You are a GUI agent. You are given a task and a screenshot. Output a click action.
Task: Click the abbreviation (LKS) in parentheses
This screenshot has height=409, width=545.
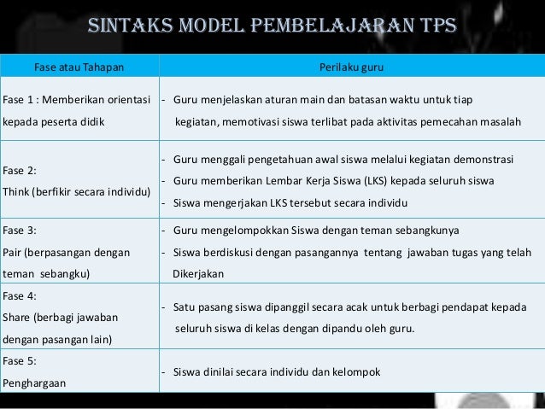pos(373,181)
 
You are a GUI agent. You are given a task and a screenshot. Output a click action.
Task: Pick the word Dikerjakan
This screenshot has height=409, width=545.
pos(198,275)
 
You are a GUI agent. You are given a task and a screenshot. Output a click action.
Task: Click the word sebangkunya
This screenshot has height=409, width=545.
pos(425,231)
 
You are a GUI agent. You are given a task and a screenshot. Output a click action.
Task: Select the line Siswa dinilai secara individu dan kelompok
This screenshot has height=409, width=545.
pos(276,372)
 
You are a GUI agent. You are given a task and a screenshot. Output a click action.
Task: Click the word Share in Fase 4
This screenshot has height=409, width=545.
pos(18,318)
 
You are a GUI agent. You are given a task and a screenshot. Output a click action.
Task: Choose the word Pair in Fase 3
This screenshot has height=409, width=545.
pos(15,253)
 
